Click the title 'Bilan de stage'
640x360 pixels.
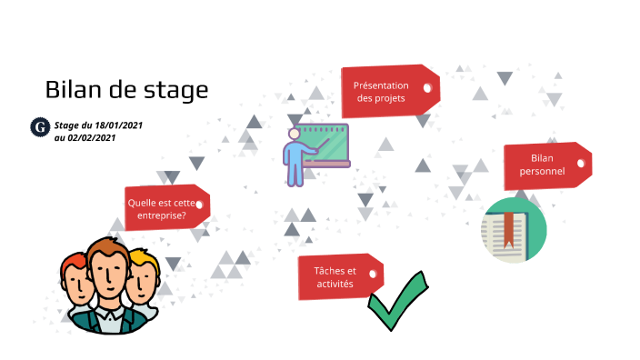[126, 90]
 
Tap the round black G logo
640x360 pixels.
[39, 128]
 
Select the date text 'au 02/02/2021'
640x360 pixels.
[85, 137]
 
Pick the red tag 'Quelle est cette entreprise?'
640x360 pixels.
[165, 208]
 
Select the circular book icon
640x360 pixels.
[514, 230]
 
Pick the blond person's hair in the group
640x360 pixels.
[143, 261]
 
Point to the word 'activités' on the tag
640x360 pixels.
[334, 284]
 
